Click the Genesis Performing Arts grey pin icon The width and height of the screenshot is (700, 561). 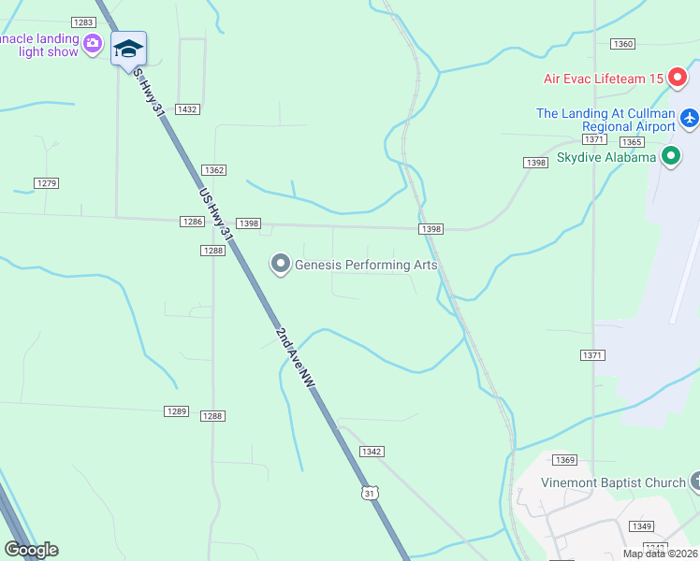pyautogui.click(x=280, y=265)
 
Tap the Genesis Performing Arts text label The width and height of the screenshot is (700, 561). pyautogui.click(x=366, y=265)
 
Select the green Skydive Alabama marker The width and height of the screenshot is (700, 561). pyautogui.click(x=670, y=157)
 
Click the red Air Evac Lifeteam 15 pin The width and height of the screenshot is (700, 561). pyautogui.click(x=677, y=79)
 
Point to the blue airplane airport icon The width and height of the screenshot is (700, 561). pyautogui.click(x=690, y=119)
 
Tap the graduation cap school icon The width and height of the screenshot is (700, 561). pyautogui.click(x=128, y=49)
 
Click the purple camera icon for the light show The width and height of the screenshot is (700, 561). pyautogui.click(x=92, y=43)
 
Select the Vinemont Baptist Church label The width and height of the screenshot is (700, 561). pyautogui.click(x=614, y=482)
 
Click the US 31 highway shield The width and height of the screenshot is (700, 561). pyautogui.click(x=371, y=492)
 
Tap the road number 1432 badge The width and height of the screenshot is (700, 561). pyautogui.click(x=187, y=109)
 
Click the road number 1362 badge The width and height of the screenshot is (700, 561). pyautogui.click(x=213, y=169)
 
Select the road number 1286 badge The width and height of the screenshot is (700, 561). pyautogui.click(x=192, y=222)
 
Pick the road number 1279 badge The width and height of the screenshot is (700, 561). pyautogui.click(x=46, y=182)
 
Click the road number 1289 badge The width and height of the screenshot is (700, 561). pyautogui.click(x=177, y=411)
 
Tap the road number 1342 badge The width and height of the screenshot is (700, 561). pyautogui.click(x=371, y=452)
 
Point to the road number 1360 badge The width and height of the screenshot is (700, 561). pyautogui.click(x=622, y=44)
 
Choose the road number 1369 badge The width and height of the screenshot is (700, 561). pyautogui.click(x=563, y=459)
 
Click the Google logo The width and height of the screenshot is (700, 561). pyautogui.click(x=31, y=550)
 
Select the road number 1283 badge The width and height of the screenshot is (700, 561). pyautogui.click(x=82, y=22)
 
